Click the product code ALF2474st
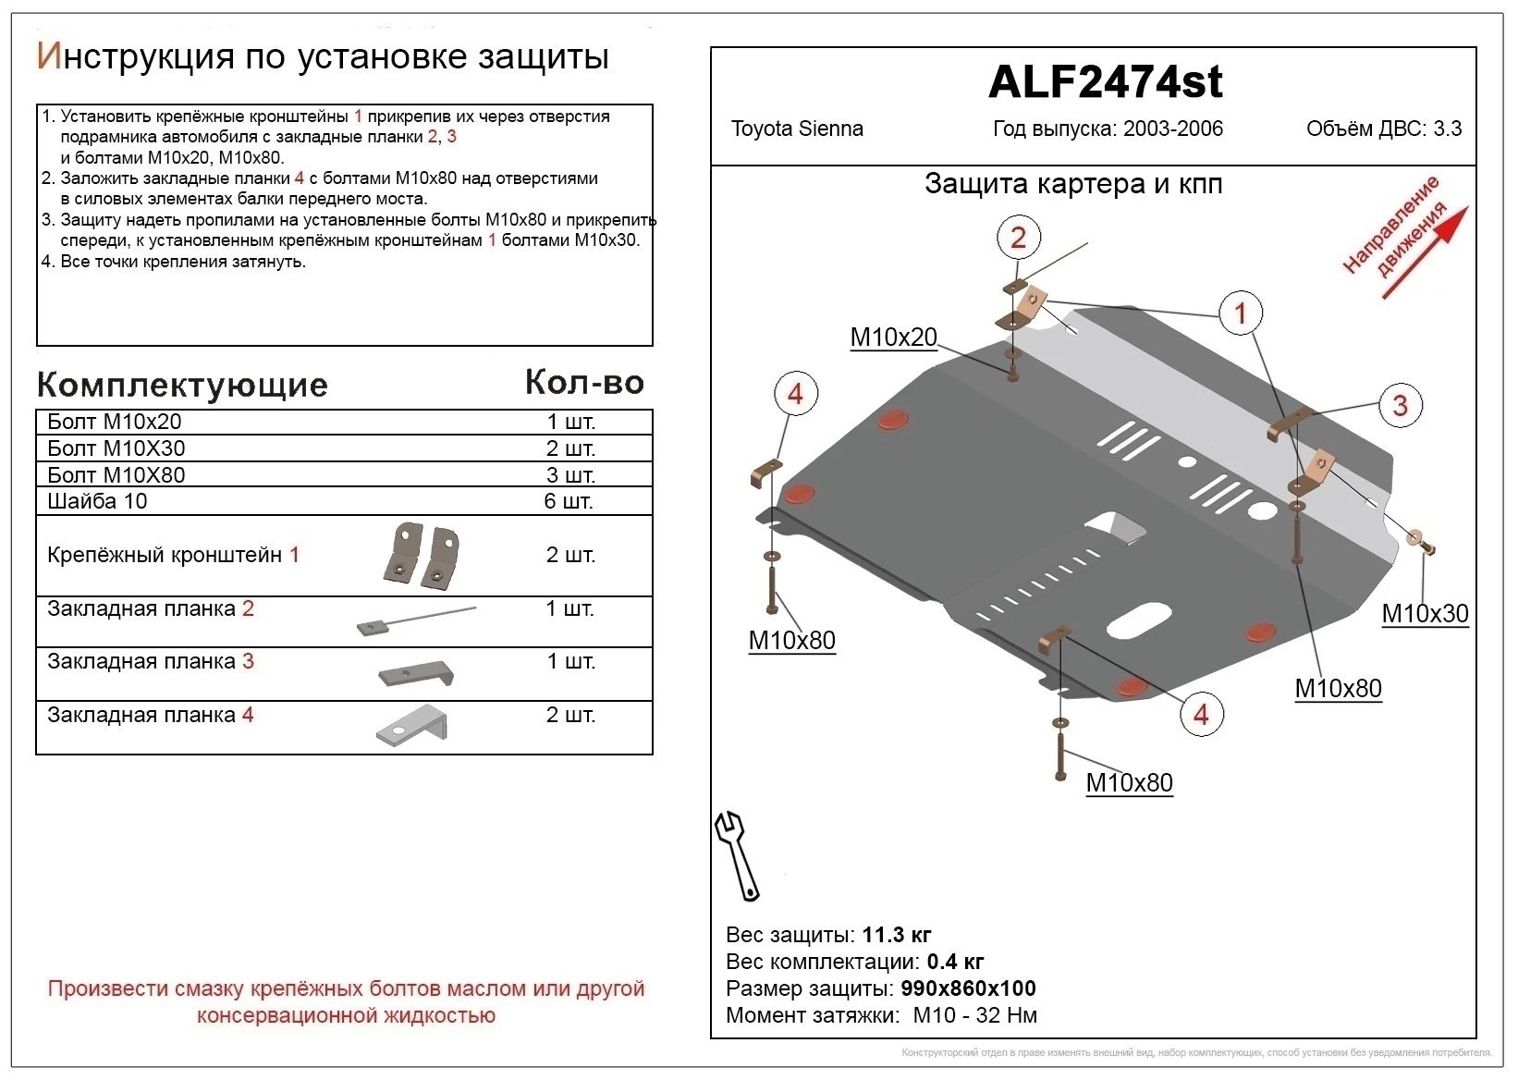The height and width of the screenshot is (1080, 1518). point(1105,82)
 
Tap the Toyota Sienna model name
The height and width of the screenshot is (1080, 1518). point(797,129)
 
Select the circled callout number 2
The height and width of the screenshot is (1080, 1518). point(1018,238)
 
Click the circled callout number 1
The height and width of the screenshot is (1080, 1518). point(1241,313)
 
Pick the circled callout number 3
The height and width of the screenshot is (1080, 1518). point(1400,405)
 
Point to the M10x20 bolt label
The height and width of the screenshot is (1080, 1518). point(893,337)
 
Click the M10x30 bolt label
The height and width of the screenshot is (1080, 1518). point(1425,613)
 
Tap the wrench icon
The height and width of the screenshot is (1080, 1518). point(737,855)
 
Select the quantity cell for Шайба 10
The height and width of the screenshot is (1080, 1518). point(569,501)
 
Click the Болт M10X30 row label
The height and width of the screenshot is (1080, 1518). point(116,448)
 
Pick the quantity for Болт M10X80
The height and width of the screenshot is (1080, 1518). point(569,475)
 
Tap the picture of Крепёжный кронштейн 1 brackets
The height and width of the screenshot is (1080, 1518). point(422,556)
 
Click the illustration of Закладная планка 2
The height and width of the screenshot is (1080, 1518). point(415,620)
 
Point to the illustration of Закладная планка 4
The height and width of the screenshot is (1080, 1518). point(413,724)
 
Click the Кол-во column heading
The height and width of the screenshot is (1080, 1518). point(584,383)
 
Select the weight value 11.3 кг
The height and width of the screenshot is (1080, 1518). point(896,935)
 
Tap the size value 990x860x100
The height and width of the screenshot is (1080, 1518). point(968,988)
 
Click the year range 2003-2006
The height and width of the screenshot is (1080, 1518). point(1172,129)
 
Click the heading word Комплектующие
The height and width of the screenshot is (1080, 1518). point(182,385)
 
